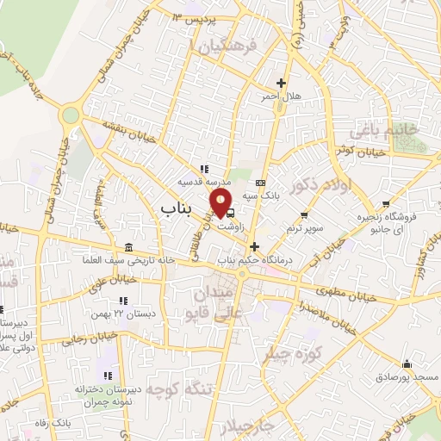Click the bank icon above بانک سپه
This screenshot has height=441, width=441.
tap(260, 183)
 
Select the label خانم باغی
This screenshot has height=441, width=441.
tap(382, 130)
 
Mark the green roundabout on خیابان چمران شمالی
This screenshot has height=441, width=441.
tap(71, 115)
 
